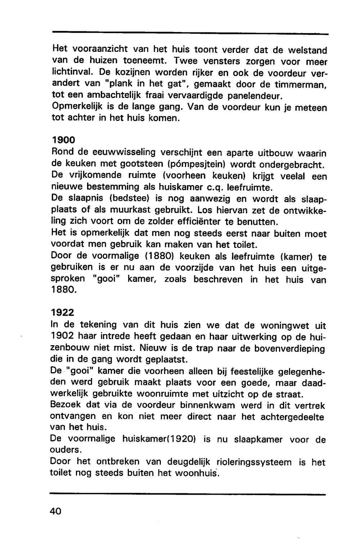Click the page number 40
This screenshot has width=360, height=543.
pyautogui.click(x=56, y=511)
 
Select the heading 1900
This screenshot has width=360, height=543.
pyautogui.click(x=63, y=139)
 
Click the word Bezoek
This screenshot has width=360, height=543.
pyautogui.click(x=66, y=405)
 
